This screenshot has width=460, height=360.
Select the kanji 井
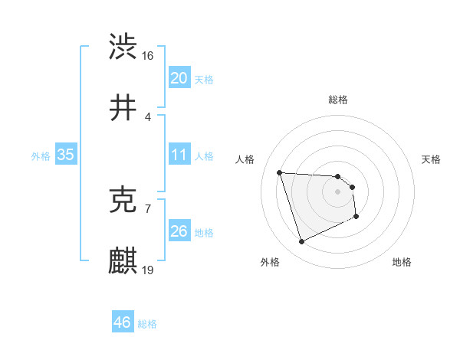point(123,108)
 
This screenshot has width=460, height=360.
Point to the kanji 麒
point(123,261)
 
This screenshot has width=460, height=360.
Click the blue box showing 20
point(179,78)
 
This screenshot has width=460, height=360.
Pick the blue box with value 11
point(179,155)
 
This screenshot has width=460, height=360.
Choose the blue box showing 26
point(179,231)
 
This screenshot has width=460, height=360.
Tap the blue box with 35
point(65,155)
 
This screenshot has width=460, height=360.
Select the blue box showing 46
point(122,322)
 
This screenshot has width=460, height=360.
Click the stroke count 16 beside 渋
point(148,56)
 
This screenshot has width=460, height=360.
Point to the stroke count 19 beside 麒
point(148,270)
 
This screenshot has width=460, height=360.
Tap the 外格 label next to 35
point(41,155)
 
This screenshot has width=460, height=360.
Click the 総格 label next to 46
point(147,323)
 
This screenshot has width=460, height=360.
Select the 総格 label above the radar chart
point(338,100)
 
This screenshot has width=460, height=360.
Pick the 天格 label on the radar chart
point(432,159)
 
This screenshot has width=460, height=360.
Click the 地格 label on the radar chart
point(402,262)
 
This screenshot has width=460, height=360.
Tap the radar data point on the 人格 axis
point(280,172)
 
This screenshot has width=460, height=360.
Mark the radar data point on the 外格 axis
point(301,242)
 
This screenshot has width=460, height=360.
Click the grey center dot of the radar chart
point(337,191)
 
